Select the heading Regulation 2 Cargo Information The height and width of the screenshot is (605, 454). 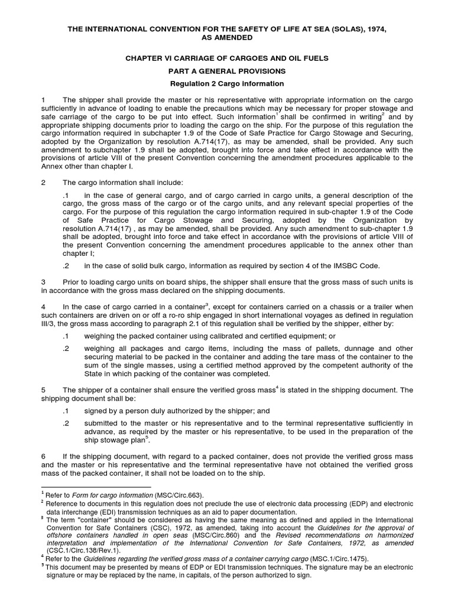228,84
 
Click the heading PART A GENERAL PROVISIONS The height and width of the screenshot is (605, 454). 228,71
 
